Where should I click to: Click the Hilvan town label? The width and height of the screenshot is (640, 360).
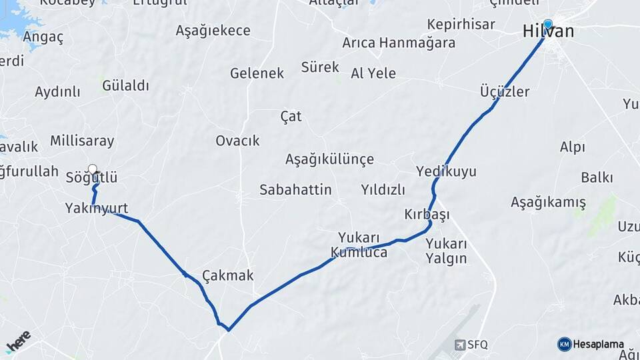548,32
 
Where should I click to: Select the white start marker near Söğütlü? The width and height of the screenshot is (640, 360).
93,169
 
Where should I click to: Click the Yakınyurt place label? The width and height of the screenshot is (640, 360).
97,208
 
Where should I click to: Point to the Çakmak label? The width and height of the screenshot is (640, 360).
228,275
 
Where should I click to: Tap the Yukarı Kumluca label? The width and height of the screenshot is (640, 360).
359,245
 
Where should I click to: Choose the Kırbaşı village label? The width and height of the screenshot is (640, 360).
427,215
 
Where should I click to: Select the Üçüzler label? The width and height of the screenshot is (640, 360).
505,91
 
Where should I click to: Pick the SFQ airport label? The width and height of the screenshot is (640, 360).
477,345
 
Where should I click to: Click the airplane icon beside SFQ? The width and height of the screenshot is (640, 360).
460,345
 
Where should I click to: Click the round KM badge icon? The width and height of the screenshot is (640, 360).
564,344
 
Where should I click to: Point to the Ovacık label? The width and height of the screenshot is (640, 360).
237,141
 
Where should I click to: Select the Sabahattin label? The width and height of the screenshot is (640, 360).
295,190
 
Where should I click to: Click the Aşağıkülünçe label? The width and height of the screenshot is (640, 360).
329,159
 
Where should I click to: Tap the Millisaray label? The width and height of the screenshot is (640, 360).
82,141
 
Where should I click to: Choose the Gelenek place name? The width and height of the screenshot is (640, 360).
257,73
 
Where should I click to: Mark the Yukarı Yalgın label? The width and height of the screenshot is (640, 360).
446,251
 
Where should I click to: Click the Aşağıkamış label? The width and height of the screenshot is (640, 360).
548,202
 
